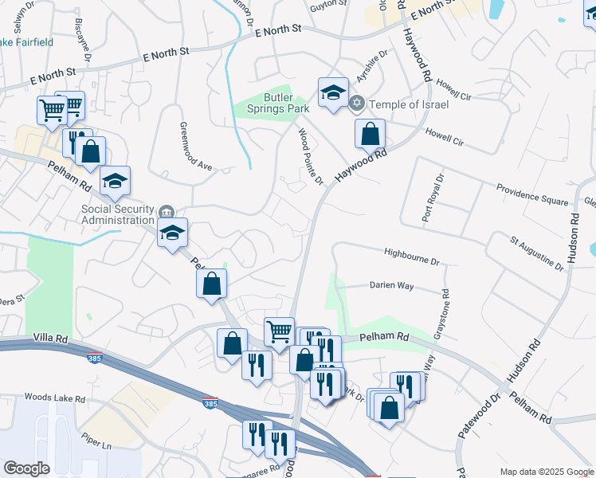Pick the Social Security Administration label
(117, 214)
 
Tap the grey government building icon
(166, 211)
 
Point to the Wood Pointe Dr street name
(310, 157)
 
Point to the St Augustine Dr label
(536, 252)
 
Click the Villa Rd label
(49, 339)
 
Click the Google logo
(26, 468)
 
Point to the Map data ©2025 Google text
(546, 472)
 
